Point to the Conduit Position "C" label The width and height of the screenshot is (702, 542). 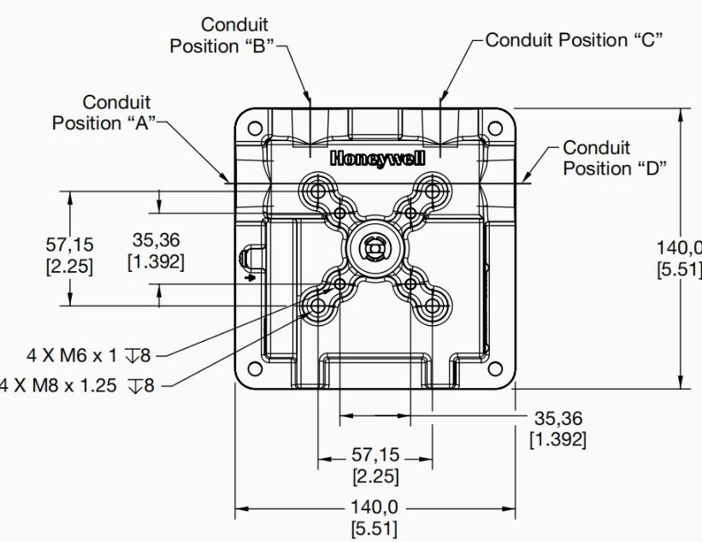tap(575, 39)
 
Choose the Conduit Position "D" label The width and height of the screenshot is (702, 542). tap(613, 158)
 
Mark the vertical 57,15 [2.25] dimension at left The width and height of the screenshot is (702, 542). tap(69, 254)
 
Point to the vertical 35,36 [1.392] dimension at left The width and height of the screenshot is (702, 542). tap(156, 250)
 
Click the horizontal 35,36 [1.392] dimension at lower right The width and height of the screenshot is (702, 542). tap(557, 429)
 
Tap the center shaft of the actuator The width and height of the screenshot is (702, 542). tap(375, 248)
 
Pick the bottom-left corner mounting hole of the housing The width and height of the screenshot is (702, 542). tap(254, 369)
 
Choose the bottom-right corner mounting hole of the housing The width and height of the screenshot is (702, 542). tap(495, 369)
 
